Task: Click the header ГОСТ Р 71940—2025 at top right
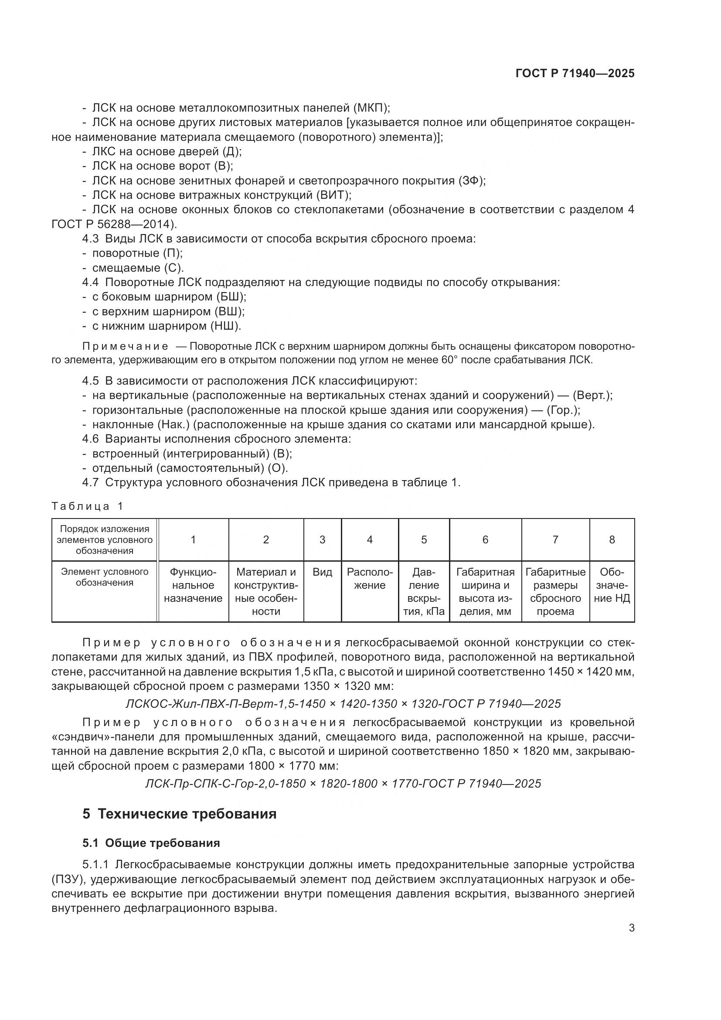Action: [575, 73]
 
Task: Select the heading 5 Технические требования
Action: [179, 814]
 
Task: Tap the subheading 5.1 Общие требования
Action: [151, 843]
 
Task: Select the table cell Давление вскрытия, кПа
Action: [424, 591]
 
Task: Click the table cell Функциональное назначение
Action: [193, 585]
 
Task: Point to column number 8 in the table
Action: [612, 539]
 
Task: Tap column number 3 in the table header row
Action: [322, 539]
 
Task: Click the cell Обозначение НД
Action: [612, 585]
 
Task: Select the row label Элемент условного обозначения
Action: [104, 577]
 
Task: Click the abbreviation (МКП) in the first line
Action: [371, 108]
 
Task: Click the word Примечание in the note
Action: [125, 347]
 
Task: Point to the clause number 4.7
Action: [90, 482]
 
